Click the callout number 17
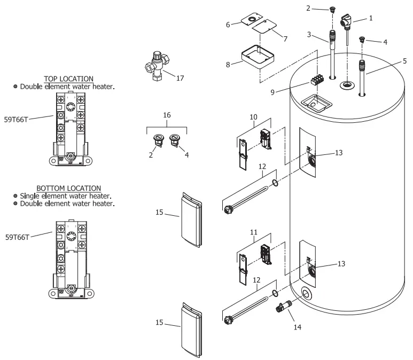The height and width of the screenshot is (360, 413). point(180,78)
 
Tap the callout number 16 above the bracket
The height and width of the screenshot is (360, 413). point(167,115)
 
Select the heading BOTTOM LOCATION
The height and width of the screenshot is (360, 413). point(68,188)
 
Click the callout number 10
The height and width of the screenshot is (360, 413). point(253,117)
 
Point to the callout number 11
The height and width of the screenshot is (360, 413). point(253,233)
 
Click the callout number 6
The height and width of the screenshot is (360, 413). point(228,25)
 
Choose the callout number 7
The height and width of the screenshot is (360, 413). point(285,39)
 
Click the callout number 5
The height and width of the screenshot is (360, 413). point(405,60)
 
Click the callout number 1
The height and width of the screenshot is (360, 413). point(371,17)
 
